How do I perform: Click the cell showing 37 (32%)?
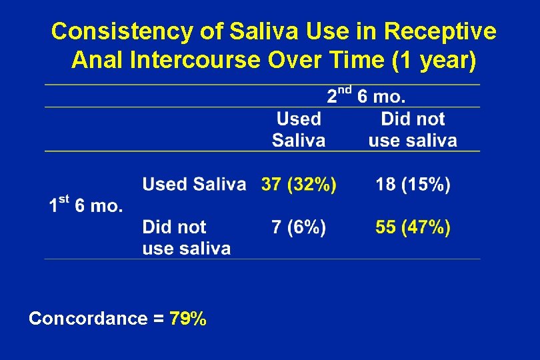click(x=299, y=185)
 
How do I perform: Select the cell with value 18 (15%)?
click(x=413, y=185)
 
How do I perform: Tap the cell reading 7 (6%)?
click(x=299, y=227)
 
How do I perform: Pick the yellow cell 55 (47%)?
click(x=413, y=227)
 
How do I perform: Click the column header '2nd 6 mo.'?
click(x=366, y=96)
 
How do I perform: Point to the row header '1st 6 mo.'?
click(x=86, y=204)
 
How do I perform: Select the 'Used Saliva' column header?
click(x=299, y=129)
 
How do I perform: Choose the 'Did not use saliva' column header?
click(x=413, y=129)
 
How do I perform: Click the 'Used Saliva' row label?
click(x=194, y=185)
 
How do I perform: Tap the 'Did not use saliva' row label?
click(x=186, y=238)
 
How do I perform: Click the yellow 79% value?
click(x=188, y=319)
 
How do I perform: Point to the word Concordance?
click(x=88, y=319)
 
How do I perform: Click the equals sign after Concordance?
click(x=158, y=319)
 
